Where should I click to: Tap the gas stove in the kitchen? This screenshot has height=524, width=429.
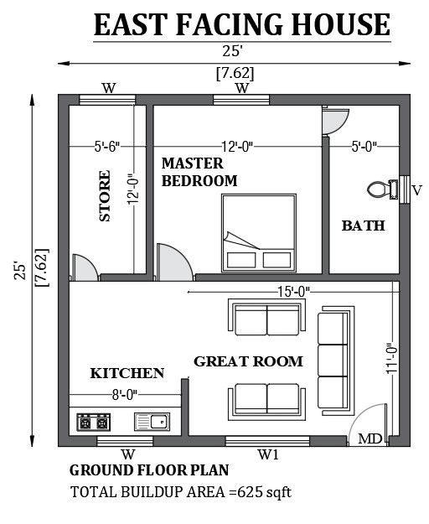coord(94,423)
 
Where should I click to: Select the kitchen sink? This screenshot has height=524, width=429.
coord(152,422)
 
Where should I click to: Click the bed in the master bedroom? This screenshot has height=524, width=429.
coord(259,233)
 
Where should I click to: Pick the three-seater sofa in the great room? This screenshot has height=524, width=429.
coord(335,361)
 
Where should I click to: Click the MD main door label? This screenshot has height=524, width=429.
coord(370,438)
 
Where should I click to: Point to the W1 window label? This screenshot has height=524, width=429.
coord(268,454)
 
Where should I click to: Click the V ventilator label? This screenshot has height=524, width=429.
coord(417,190)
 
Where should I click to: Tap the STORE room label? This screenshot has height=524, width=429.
coord(105,196)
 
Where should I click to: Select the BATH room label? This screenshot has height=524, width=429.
coord(364,226)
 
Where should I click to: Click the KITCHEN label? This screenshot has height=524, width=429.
coord(127,373)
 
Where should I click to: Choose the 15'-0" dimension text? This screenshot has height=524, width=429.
coord(294,292)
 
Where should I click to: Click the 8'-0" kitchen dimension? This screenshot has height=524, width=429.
coord(125,395)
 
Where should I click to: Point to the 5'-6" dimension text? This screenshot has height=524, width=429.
coord(107,147)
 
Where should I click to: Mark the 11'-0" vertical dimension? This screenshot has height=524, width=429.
coord(392,358)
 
